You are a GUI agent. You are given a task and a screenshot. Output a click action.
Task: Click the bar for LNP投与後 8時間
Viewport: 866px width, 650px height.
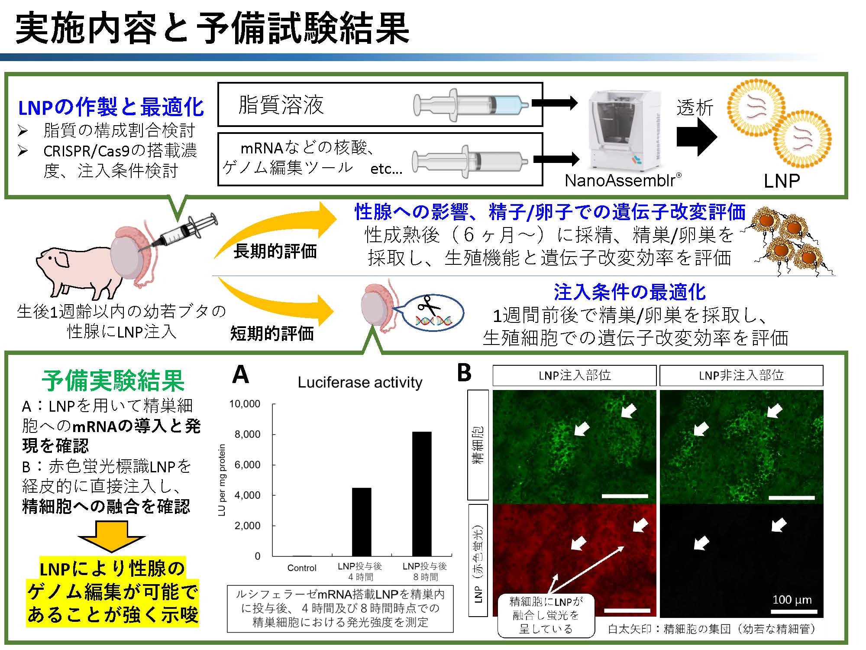[x=421, y=494]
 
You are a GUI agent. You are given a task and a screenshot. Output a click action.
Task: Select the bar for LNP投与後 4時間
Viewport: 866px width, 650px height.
[x=361, y=522]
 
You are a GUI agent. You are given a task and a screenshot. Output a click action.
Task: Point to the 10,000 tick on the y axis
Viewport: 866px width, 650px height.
[x=245, y=404]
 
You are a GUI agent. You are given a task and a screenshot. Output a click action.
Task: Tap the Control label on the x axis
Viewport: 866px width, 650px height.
[x=302, y=568]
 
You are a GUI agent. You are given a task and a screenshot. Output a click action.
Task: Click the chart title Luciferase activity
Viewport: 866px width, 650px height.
[x=360, y=383]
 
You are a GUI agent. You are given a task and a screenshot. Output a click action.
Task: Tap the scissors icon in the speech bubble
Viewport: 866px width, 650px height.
[x=429, y=306]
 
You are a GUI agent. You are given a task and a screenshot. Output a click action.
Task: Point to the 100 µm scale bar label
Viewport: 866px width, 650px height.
[x=792, y=600]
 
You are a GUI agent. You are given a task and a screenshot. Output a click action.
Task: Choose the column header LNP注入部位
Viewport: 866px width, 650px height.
[x=574, y=375]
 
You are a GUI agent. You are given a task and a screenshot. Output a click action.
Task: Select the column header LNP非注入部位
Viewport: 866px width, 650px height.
[x=741, y=375]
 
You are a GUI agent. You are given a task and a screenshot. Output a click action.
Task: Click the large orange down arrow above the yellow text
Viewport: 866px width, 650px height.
[x=111, y=536]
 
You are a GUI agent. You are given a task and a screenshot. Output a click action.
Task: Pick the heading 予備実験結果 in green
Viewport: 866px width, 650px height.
[x=113, y=381]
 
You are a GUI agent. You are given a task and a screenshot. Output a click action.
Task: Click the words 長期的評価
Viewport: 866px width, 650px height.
[x=275, y=251]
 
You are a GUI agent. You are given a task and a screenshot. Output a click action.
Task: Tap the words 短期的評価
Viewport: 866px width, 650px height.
[x=272, y=333]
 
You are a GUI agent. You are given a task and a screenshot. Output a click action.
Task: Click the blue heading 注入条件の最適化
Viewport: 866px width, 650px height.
[x=630, y=292]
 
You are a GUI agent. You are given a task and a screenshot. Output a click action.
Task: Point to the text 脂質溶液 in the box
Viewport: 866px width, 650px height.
[x=281, y=105]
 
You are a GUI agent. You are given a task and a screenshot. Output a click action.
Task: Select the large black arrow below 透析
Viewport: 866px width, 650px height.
[x=697, y=136]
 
